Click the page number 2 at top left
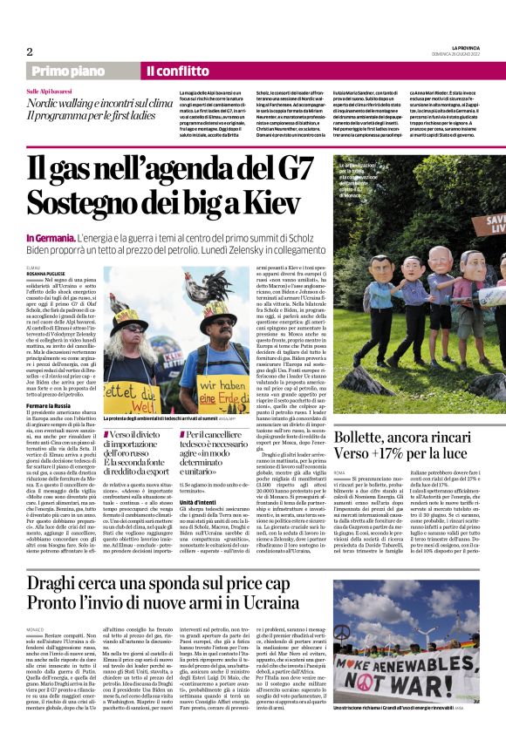click(x=30, y=51)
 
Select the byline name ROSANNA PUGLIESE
click(x=45, y=271)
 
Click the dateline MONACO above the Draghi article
click(x=36, y=629)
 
